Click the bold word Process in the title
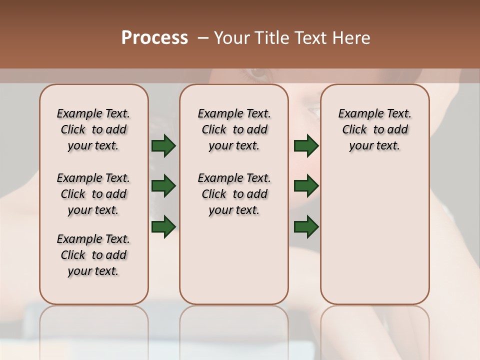[x=154, y=38]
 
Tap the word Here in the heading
[x=351, y=38]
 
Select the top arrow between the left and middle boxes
[x=163, y=146]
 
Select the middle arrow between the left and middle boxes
[x=163, y=186]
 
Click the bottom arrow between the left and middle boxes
[x=163, y=226]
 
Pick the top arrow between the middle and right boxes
[x=306, y=146]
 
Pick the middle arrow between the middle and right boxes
[x=306, y=186]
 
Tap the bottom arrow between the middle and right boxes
[x=306, y=226]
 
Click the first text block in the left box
[x=93, y=129]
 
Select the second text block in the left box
[x=93, y=194]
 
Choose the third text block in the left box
[x=93, y=255]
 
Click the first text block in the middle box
[x=234, y=129]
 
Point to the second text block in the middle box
[x=234, y=194]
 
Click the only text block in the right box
[x=374, y=129]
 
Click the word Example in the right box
[x=356, y=113]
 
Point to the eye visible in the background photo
[x=258, y=73]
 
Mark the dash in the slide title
[x=202, y=38]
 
